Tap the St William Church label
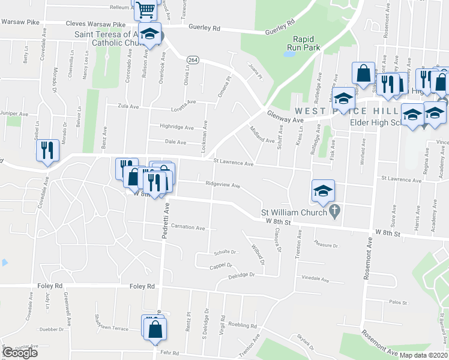tap(293, 212)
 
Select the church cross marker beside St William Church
tap(336, 211)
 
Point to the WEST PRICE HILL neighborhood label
tap(345, 112)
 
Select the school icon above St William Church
tap(323, 191)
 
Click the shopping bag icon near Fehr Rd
tap(155, 328)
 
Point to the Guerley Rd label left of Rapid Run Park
tap(204, 27)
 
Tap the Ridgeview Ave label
tap(223, 185)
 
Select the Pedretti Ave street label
tap(166, 221)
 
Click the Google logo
tap(20, 353)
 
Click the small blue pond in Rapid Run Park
tap(289, 53)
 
